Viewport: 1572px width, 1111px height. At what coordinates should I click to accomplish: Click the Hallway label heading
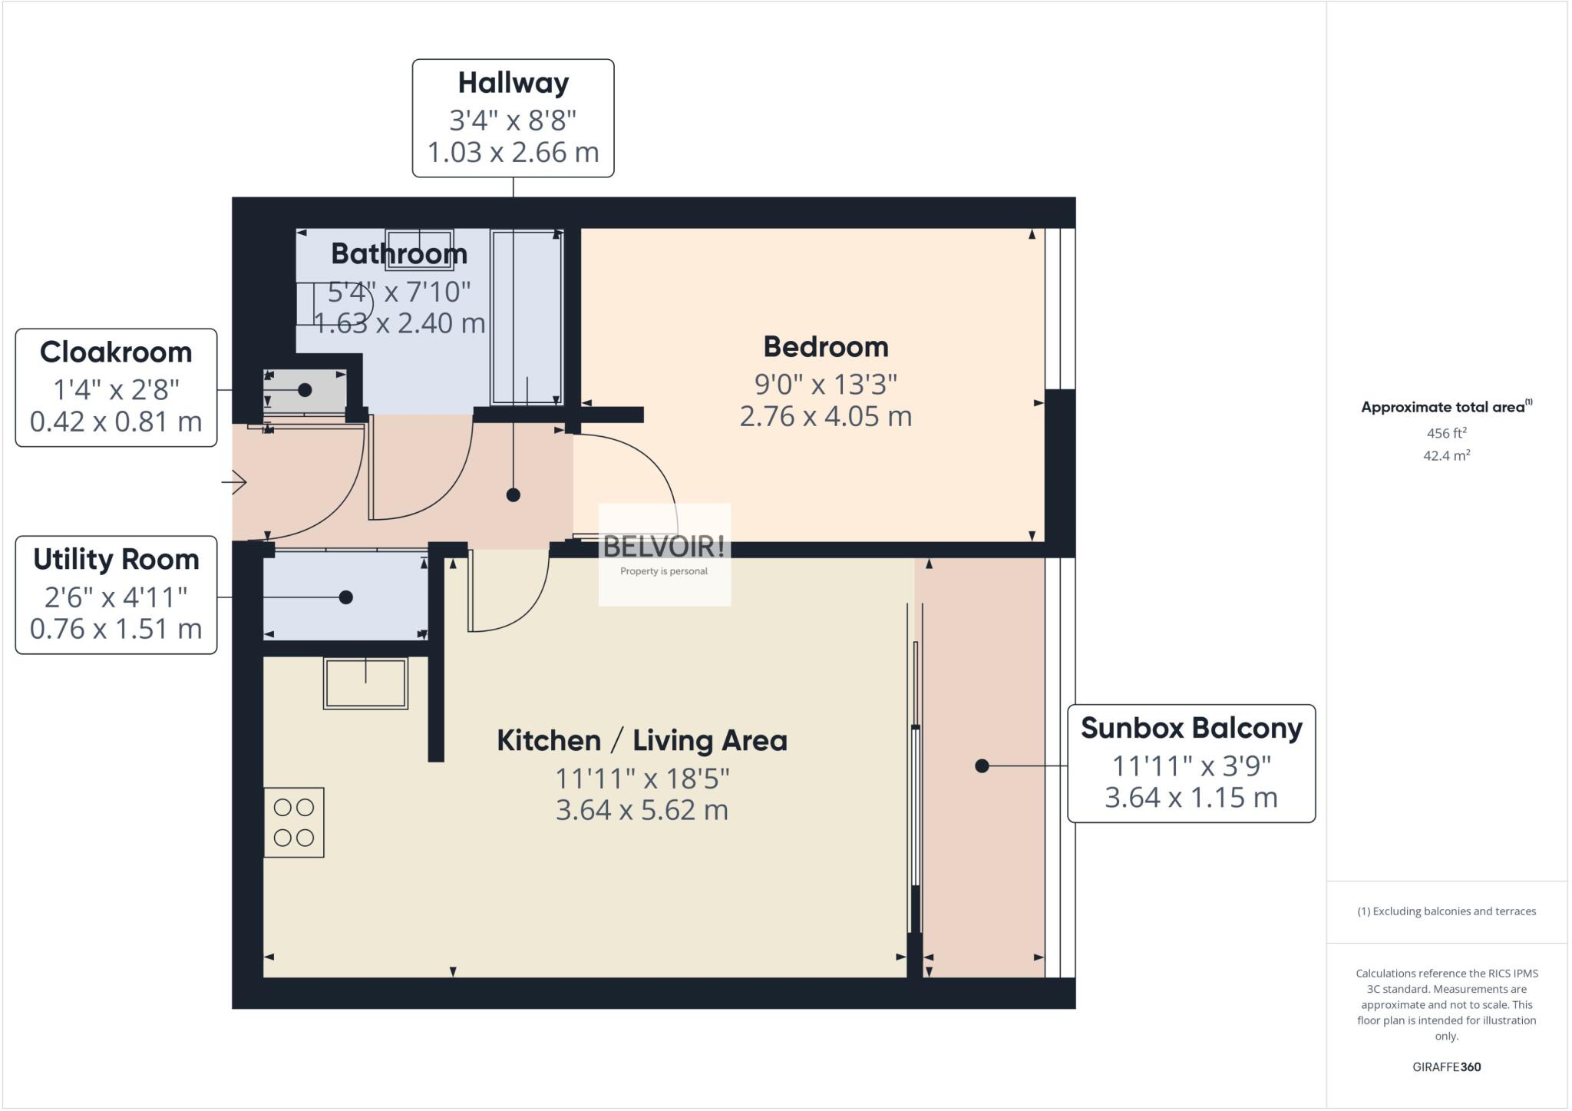click(513, 83)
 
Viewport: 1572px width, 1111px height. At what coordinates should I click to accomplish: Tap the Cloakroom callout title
click(116, 352)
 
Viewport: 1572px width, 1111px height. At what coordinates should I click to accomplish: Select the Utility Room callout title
click(116, 560)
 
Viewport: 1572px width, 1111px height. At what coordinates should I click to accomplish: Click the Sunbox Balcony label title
click(1191, 728)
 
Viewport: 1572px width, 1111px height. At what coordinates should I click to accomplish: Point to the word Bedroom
click(826, 346)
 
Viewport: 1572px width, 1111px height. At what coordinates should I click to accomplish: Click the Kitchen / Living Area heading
click(642, 741)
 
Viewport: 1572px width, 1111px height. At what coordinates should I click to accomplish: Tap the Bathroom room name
click(399, 253)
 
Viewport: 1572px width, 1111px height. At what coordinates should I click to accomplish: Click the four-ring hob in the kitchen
click(294, 822)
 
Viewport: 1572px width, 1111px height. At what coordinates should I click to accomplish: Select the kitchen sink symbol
click(365, 683)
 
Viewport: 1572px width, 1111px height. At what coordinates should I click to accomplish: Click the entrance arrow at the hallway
click(234, 482)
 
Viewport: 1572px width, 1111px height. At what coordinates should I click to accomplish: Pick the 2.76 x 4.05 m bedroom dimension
click(826, 416)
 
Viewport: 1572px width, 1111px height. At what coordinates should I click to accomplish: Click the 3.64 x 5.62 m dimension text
click(642, 810)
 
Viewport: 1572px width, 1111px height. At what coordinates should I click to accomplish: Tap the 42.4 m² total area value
click(1446, 455)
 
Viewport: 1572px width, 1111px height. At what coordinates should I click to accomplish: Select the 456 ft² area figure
click(1446, 432)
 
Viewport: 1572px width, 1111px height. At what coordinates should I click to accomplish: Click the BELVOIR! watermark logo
click(664, 554)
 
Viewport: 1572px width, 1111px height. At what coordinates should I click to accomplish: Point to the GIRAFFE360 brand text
click(1446, 1067)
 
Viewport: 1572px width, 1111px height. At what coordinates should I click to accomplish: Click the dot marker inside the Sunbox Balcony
click(982, 765)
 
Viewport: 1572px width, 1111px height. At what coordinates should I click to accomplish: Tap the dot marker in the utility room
click(346, 597)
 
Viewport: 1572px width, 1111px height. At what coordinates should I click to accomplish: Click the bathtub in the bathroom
click(527, 317)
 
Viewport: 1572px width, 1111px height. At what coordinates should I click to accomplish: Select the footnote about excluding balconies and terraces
click(1446, 911)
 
